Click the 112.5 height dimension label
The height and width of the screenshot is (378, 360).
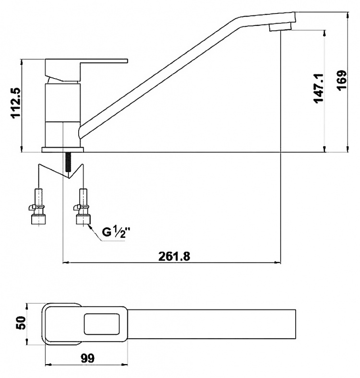point(16,103)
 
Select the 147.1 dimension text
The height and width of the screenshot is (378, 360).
point(319,88)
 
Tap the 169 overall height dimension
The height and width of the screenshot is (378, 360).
point(342,80)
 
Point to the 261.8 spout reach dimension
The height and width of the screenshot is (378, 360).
point(174,256)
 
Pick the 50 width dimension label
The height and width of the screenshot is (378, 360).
point(21,323)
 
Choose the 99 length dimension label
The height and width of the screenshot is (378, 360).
point(87,358)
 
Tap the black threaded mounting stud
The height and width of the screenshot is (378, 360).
point(68,162)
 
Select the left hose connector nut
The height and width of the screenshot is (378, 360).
point(38,219)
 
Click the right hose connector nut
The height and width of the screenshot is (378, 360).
point(84,219)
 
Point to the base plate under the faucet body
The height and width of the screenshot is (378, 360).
point(62,150)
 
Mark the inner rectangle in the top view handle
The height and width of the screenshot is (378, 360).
point(102,324)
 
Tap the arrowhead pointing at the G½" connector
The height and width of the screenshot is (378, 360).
point(91,227)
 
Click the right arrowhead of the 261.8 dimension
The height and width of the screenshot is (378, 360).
point(278,262)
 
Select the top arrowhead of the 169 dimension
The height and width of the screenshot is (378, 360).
point(348,15)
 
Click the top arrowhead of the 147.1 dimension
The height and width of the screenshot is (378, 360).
point(324,33)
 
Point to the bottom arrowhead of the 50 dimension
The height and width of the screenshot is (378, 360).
point(27,342)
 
